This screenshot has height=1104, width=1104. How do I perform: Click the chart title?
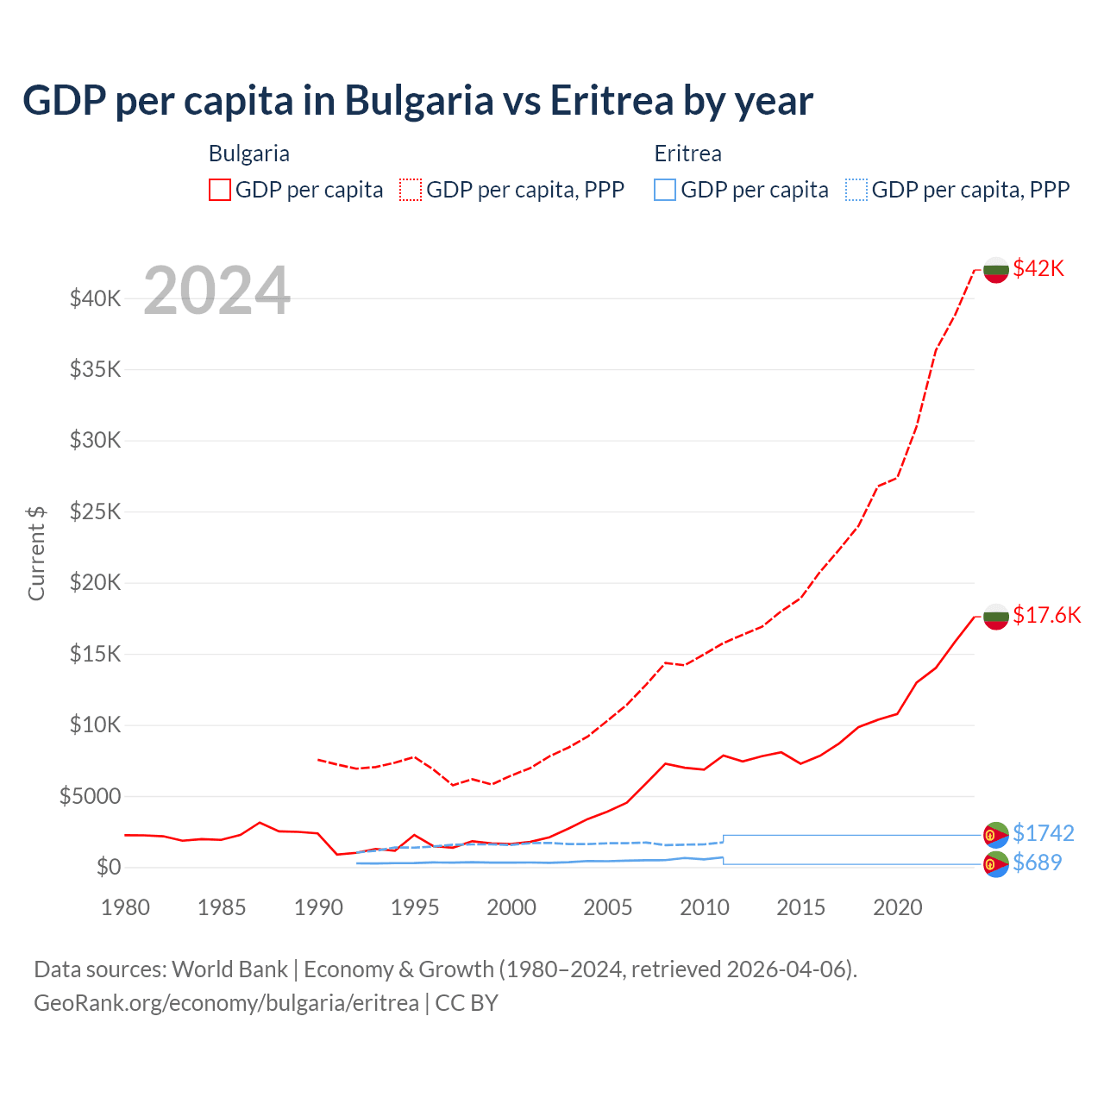(x=417, y=100)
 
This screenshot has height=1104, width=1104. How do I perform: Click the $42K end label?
(x=1038, y=268)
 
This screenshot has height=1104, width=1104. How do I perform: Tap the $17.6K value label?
(x=1046, y=615)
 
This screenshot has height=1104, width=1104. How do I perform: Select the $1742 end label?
(x=1043, y=833)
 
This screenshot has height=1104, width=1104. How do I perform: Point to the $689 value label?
(x=1037, y=862)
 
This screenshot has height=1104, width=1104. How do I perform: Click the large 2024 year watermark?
(x=216, y=291)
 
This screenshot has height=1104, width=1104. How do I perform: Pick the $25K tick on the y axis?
(x=95, y=511)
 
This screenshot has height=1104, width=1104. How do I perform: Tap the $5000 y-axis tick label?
(x=90, y=796)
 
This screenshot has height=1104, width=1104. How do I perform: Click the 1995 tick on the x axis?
(x=415, y=907)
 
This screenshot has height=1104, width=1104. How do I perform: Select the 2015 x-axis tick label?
(x=800, y=907)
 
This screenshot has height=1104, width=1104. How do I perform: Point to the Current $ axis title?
(x=36, y=553)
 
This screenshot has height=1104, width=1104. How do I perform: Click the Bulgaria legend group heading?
(x=248, y=154)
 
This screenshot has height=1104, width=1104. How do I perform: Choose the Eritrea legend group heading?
(x=687, y=154)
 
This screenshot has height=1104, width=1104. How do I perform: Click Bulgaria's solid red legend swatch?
(x=220, y=190)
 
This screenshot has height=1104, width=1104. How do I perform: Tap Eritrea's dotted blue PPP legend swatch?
(x=856, y=190)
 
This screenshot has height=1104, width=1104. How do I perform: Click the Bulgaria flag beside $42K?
(x=996, y=269)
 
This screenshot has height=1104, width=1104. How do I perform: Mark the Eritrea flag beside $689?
(x=996, y=863)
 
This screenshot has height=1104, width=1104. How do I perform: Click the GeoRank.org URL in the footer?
(x=226, y=1003)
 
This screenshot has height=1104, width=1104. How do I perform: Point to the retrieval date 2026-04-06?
(x=788, y=969)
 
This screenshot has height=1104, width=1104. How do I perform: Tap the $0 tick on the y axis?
(x=108, y=867)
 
